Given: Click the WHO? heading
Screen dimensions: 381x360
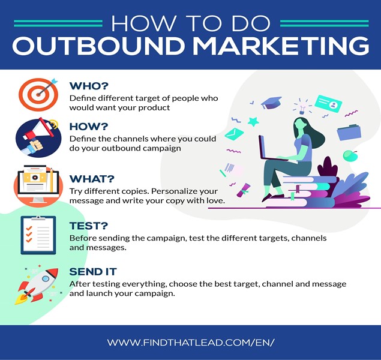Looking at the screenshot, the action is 89,86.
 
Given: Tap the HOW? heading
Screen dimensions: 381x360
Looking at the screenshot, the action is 88,127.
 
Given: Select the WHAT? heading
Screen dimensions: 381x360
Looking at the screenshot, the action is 92,179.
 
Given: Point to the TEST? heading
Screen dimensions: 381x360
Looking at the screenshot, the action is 88,226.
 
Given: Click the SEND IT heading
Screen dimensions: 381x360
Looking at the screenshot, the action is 93,272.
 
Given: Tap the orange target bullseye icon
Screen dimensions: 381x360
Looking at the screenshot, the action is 38,94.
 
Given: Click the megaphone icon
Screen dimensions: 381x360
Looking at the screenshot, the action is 38,137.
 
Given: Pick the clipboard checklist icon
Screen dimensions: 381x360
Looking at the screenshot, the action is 38,235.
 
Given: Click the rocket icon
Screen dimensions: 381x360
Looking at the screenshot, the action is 38,286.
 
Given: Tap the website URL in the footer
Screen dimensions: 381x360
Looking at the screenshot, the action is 191,343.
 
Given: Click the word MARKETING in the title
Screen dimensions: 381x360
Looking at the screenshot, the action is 281,46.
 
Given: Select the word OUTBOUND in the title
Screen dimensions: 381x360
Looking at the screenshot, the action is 98,46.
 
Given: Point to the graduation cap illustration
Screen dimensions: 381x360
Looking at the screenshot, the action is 271,103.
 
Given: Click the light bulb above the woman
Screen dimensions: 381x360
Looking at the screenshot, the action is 302,109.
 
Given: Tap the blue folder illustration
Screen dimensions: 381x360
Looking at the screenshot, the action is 349,133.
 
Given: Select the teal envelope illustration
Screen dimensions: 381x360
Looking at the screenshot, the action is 234,134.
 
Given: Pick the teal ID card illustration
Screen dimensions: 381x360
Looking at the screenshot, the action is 328,104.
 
